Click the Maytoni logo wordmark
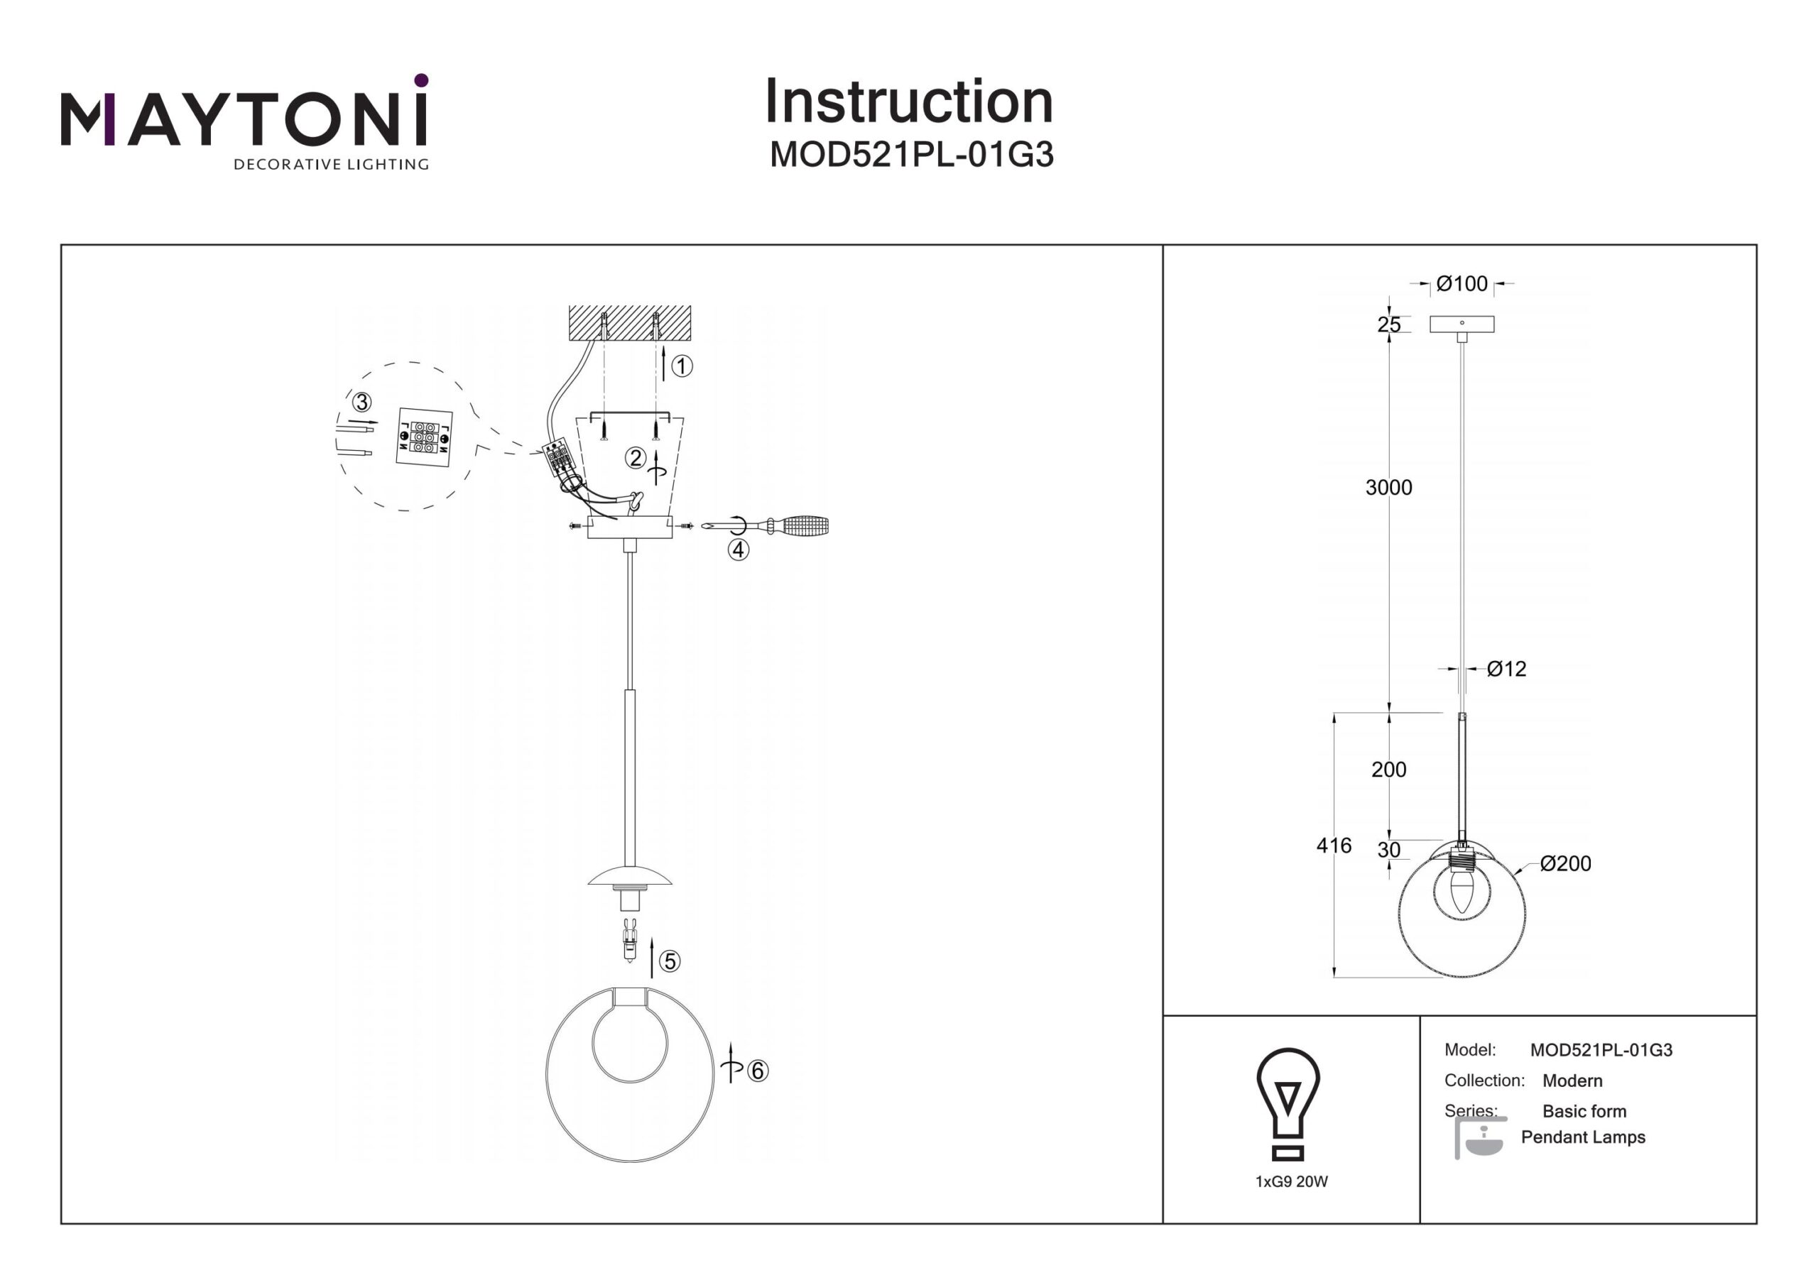point(244,121)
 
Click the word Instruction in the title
point(908,102)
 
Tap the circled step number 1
point(682,366)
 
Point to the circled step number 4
point(738,549)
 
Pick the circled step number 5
point(670,961)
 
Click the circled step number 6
point(758,1071)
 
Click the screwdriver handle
point(800,525)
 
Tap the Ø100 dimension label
point(1462,283)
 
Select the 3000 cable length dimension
point(1388,488)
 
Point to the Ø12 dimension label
point(1506,669)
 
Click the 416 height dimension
point(1334,846)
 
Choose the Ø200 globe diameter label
point(1565,864)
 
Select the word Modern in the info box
point(1572,1081)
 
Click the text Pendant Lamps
point(1583,1137)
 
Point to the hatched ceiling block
point(629,322)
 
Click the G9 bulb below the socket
point(629,941)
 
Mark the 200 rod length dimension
point(1389,770)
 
